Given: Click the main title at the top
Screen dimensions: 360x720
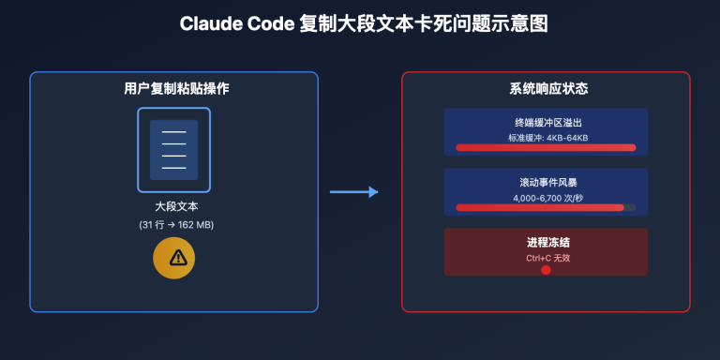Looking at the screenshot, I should [x=360, y=23].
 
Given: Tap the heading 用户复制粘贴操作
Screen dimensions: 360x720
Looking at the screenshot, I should [x=174, y=89].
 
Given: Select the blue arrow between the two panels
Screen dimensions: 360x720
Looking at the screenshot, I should [x=353, y=192].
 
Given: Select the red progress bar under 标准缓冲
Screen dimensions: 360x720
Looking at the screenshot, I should [x=545, y=147].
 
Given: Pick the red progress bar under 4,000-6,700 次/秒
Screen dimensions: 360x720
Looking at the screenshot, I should [x=539, y=207].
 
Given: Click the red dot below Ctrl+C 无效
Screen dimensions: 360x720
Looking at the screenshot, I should [x=546, y=270].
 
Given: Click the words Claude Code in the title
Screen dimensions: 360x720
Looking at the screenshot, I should [x=237, y=23].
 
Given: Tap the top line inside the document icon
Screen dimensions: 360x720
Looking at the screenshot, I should [x=174, y=132].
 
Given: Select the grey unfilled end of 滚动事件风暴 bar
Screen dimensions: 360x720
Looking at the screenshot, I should [x=630, y=207].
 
